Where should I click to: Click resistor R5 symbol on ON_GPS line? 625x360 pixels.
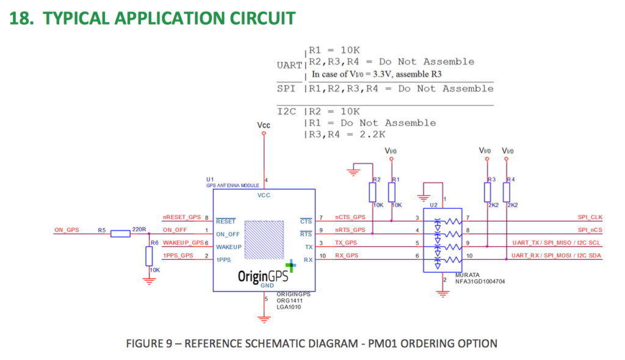pos(120,233)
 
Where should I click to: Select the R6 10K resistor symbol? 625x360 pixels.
pos(149,256)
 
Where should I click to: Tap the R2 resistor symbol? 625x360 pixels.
pos(372,193)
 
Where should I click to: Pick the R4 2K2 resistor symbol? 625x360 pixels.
pos(507,193)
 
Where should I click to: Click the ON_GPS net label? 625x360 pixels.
pos(67,229)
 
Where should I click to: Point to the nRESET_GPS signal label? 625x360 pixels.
pos(181,217)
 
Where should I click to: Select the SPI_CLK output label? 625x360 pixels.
pos(590,217)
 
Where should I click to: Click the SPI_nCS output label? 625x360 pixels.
pos(590,230)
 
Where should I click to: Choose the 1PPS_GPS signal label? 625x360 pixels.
pos(178,256)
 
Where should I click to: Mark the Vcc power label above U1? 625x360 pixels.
pos(264,124)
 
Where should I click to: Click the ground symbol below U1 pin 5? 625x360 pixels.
pos(264,319)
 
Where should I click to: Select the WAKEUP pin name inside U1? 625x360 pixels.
pos(229,247)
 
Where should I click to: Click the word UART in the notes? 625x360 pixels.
pos(289,65)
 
